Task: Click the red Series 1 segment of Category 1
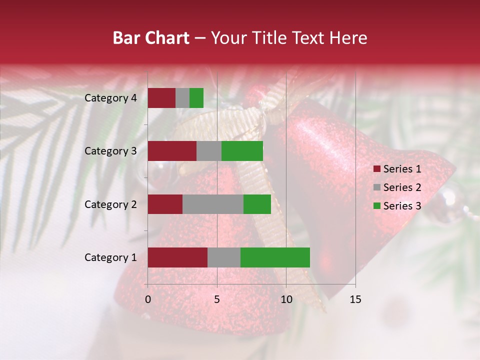click(x=177, y=257)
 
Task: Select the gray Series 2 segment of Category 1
click(x=224, y=257)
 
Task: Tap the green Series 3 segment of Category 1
click(x=275, y=257)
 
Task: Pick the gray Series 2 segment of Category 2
click(x=213, y=204)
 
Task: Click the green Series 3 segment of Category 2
click(x=257, y=204)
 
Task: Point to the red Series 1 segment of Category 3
click(x=172, y=151)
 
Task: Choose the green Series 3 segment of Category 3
click(x=242, y=151)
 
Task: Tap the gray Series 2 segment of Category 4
click(x=182, y=98)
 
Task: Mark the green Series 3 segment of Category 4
click(x=196, y=98)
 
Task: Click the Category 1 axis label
click(x=110, y=257)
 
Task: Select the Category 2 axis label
click(x=110, y=204)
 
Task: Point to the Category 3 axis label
click(x=110, y=151)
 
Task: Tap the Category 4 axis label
click(x=110, y=98)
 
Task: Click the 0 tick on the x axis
click(x=148, y=299)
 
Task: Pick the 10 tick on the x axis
click(x=286, y=299)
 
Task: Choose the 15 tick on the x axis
click(x=355, y=299)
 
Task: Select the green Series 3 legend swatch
click(x=376, y=206)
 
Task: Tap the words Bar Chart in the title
click(x=151, y=38)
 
